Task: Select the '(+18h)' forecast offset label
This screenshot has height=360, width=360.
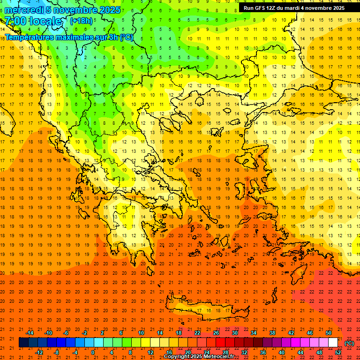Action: (x=81, y=21)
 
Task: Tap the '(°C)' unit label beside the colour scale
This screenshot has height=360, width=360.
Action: (x=349, y=343)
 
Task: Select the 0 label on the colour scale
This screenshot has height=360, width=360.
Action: (x=92, y=352)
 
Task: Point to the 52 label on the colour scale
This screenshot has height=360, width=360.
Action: (x=338, y=352)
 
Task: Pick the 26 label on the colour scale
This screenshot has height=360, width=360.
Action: (x=216, y=333)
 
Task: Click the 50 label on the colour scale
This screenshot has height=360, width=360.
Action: (x=329, y=333)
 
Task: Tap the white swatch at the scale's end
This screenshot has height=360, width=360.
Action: (x=333, y=343)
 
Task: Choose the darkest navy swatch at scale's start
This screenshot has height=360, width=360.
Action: (x=24, y=343)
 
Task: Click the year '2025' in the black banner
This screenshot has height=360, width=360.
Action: (x=336, y=8)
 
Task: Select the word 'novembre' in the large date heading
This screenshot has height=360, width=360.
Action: (x=78, y=10)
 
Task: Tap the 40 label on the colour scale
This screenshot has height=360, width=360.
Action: (x=282, y=352)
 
